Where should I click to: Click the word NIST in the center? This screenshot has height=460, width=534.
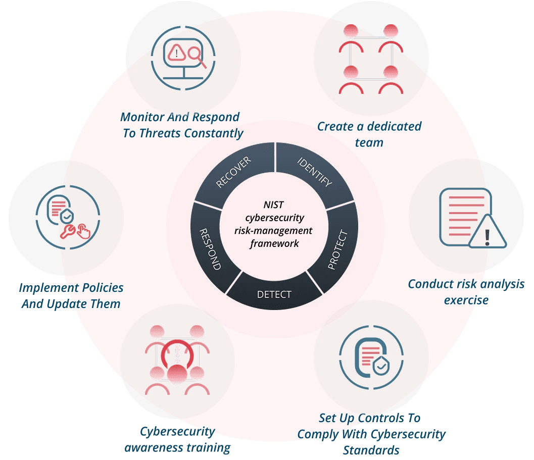click(x=274, y=205)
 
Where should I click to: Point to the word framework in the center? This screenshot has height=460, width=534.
click(x=274, y=243)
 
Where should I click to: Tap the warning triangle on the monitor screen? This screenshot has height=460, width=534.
click(x=176, y=51)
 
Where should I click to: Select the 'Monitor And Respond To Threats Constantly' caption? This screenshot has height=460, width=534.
click(x=181, y=125)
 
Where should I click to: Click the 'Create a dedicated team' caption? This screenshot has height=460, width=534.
click(x=369, y=134)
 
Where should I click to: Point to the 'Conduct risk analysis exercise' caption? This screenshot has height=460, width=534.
click(x=466, y=292)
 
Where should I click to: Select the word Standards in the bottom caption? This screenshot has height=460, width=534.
click(x=371, y=450)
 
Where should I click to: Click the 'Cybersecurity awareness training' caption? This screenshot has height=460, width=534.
click(x=177, y=439)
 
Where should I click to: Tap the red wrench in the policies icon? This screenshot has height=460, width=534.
click(x=67, y=231)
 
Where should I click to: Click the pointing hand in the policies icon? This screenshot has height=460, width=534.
click(x=83, y=232)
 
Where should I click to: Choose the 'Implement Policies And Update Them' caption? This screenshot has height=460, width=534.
click(x=71, y=296)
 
